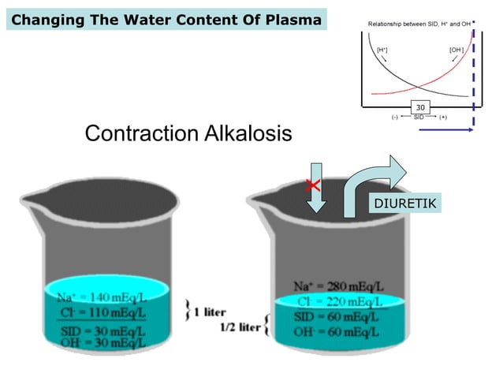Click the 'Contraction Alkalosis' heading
coord(188,133)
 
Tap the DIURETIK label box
coord(406,203)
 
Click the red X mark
coord(313,186)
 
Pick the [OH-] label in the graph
coord(456,50)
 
